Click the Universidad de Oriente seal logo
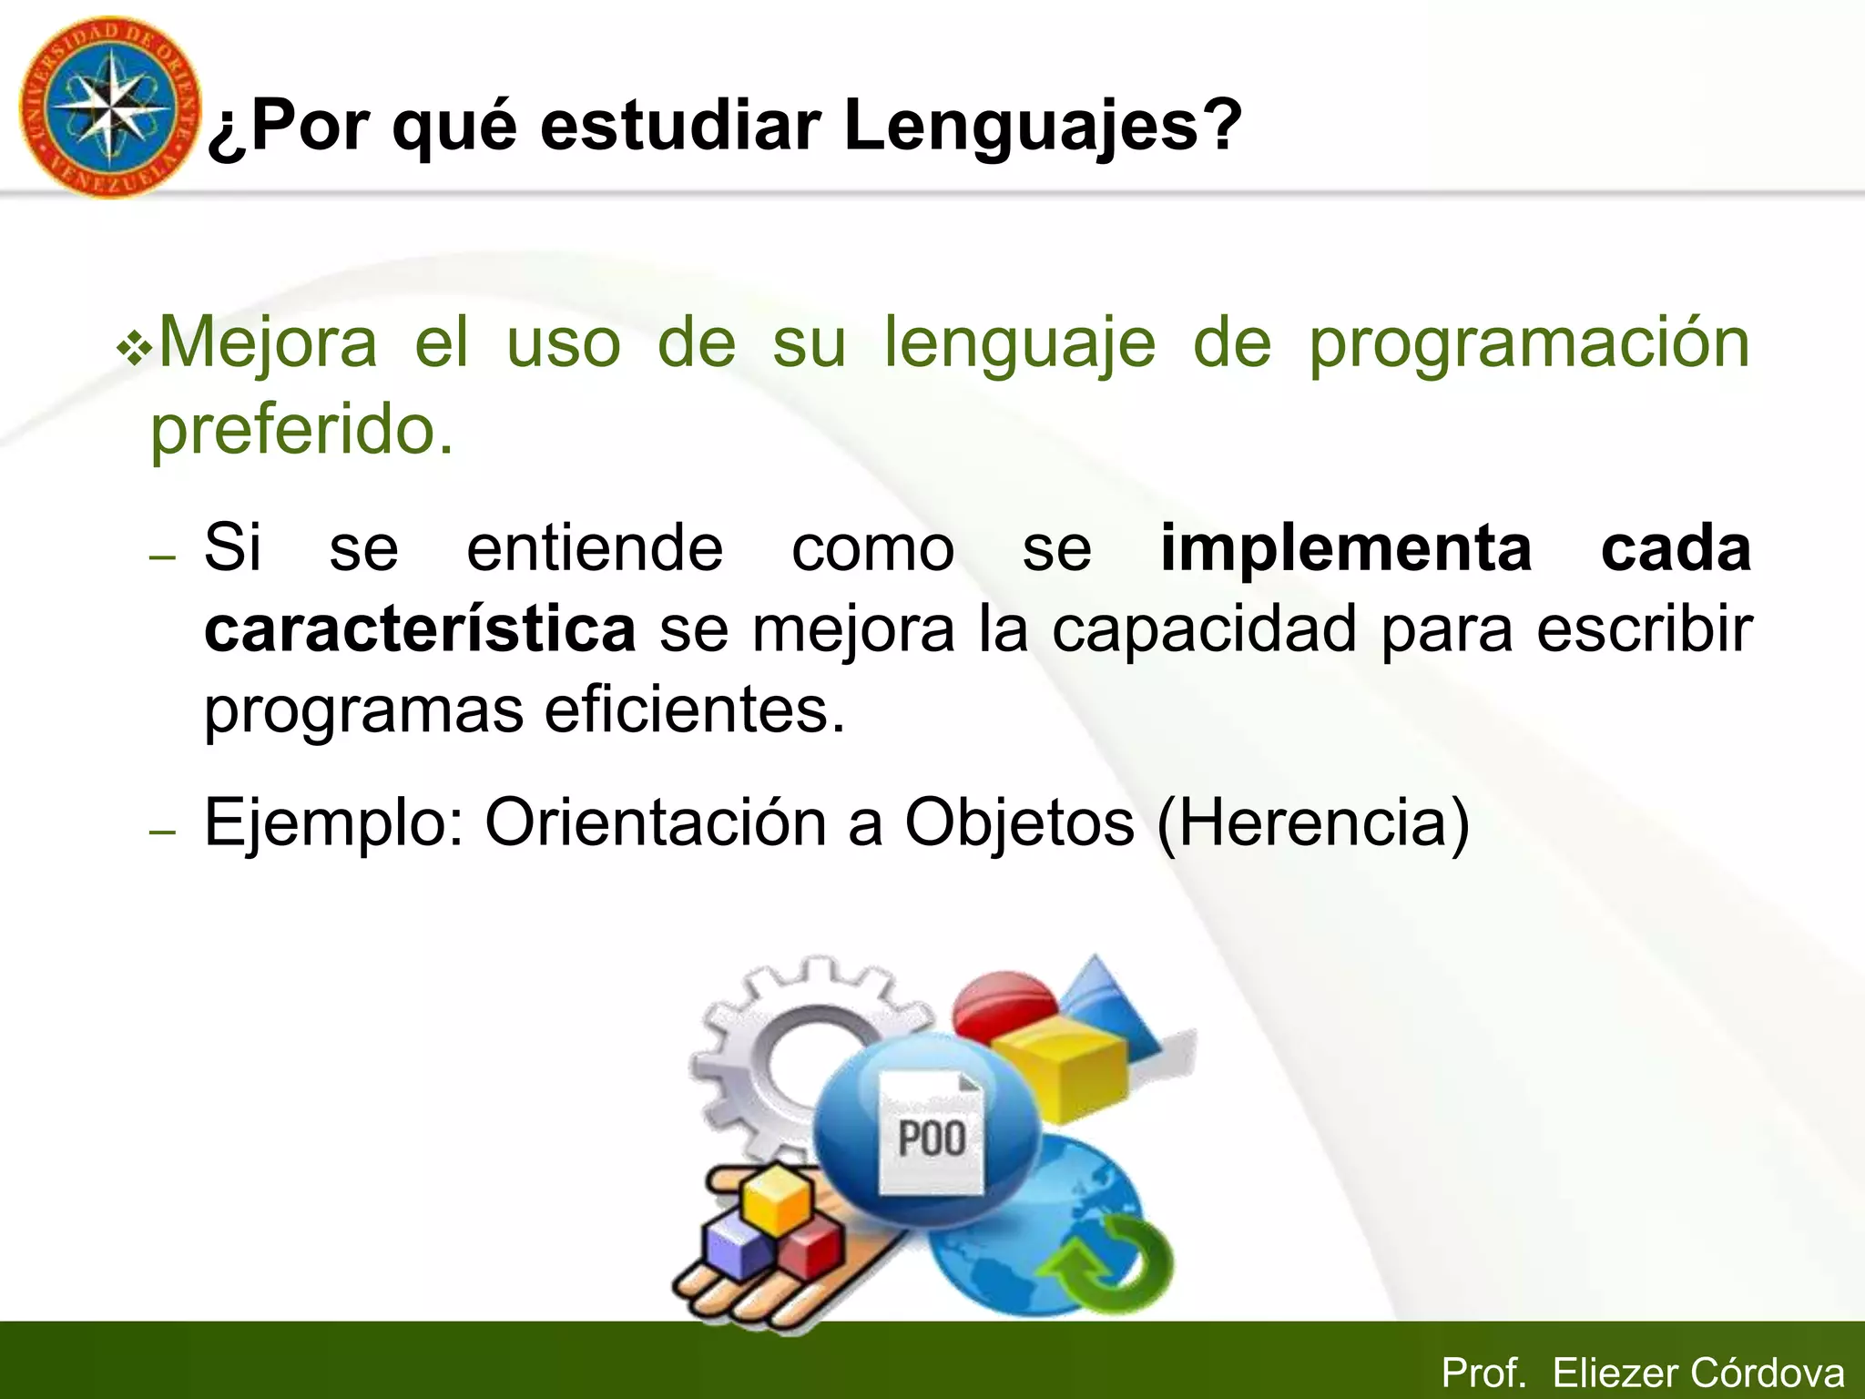(110, 107)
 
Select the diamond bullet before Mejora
(135, 350)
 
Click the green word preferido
(301, 430)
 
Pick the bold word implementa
(1346, 549)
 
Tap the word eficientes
(695, 710)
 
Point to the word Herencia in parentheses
(1313, 823)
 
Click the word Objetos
(1018, 823)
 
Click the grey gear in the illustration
(774, 1047)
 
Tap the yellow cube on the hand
(776, 1199)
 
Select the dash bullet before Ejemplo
(162, 831)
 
